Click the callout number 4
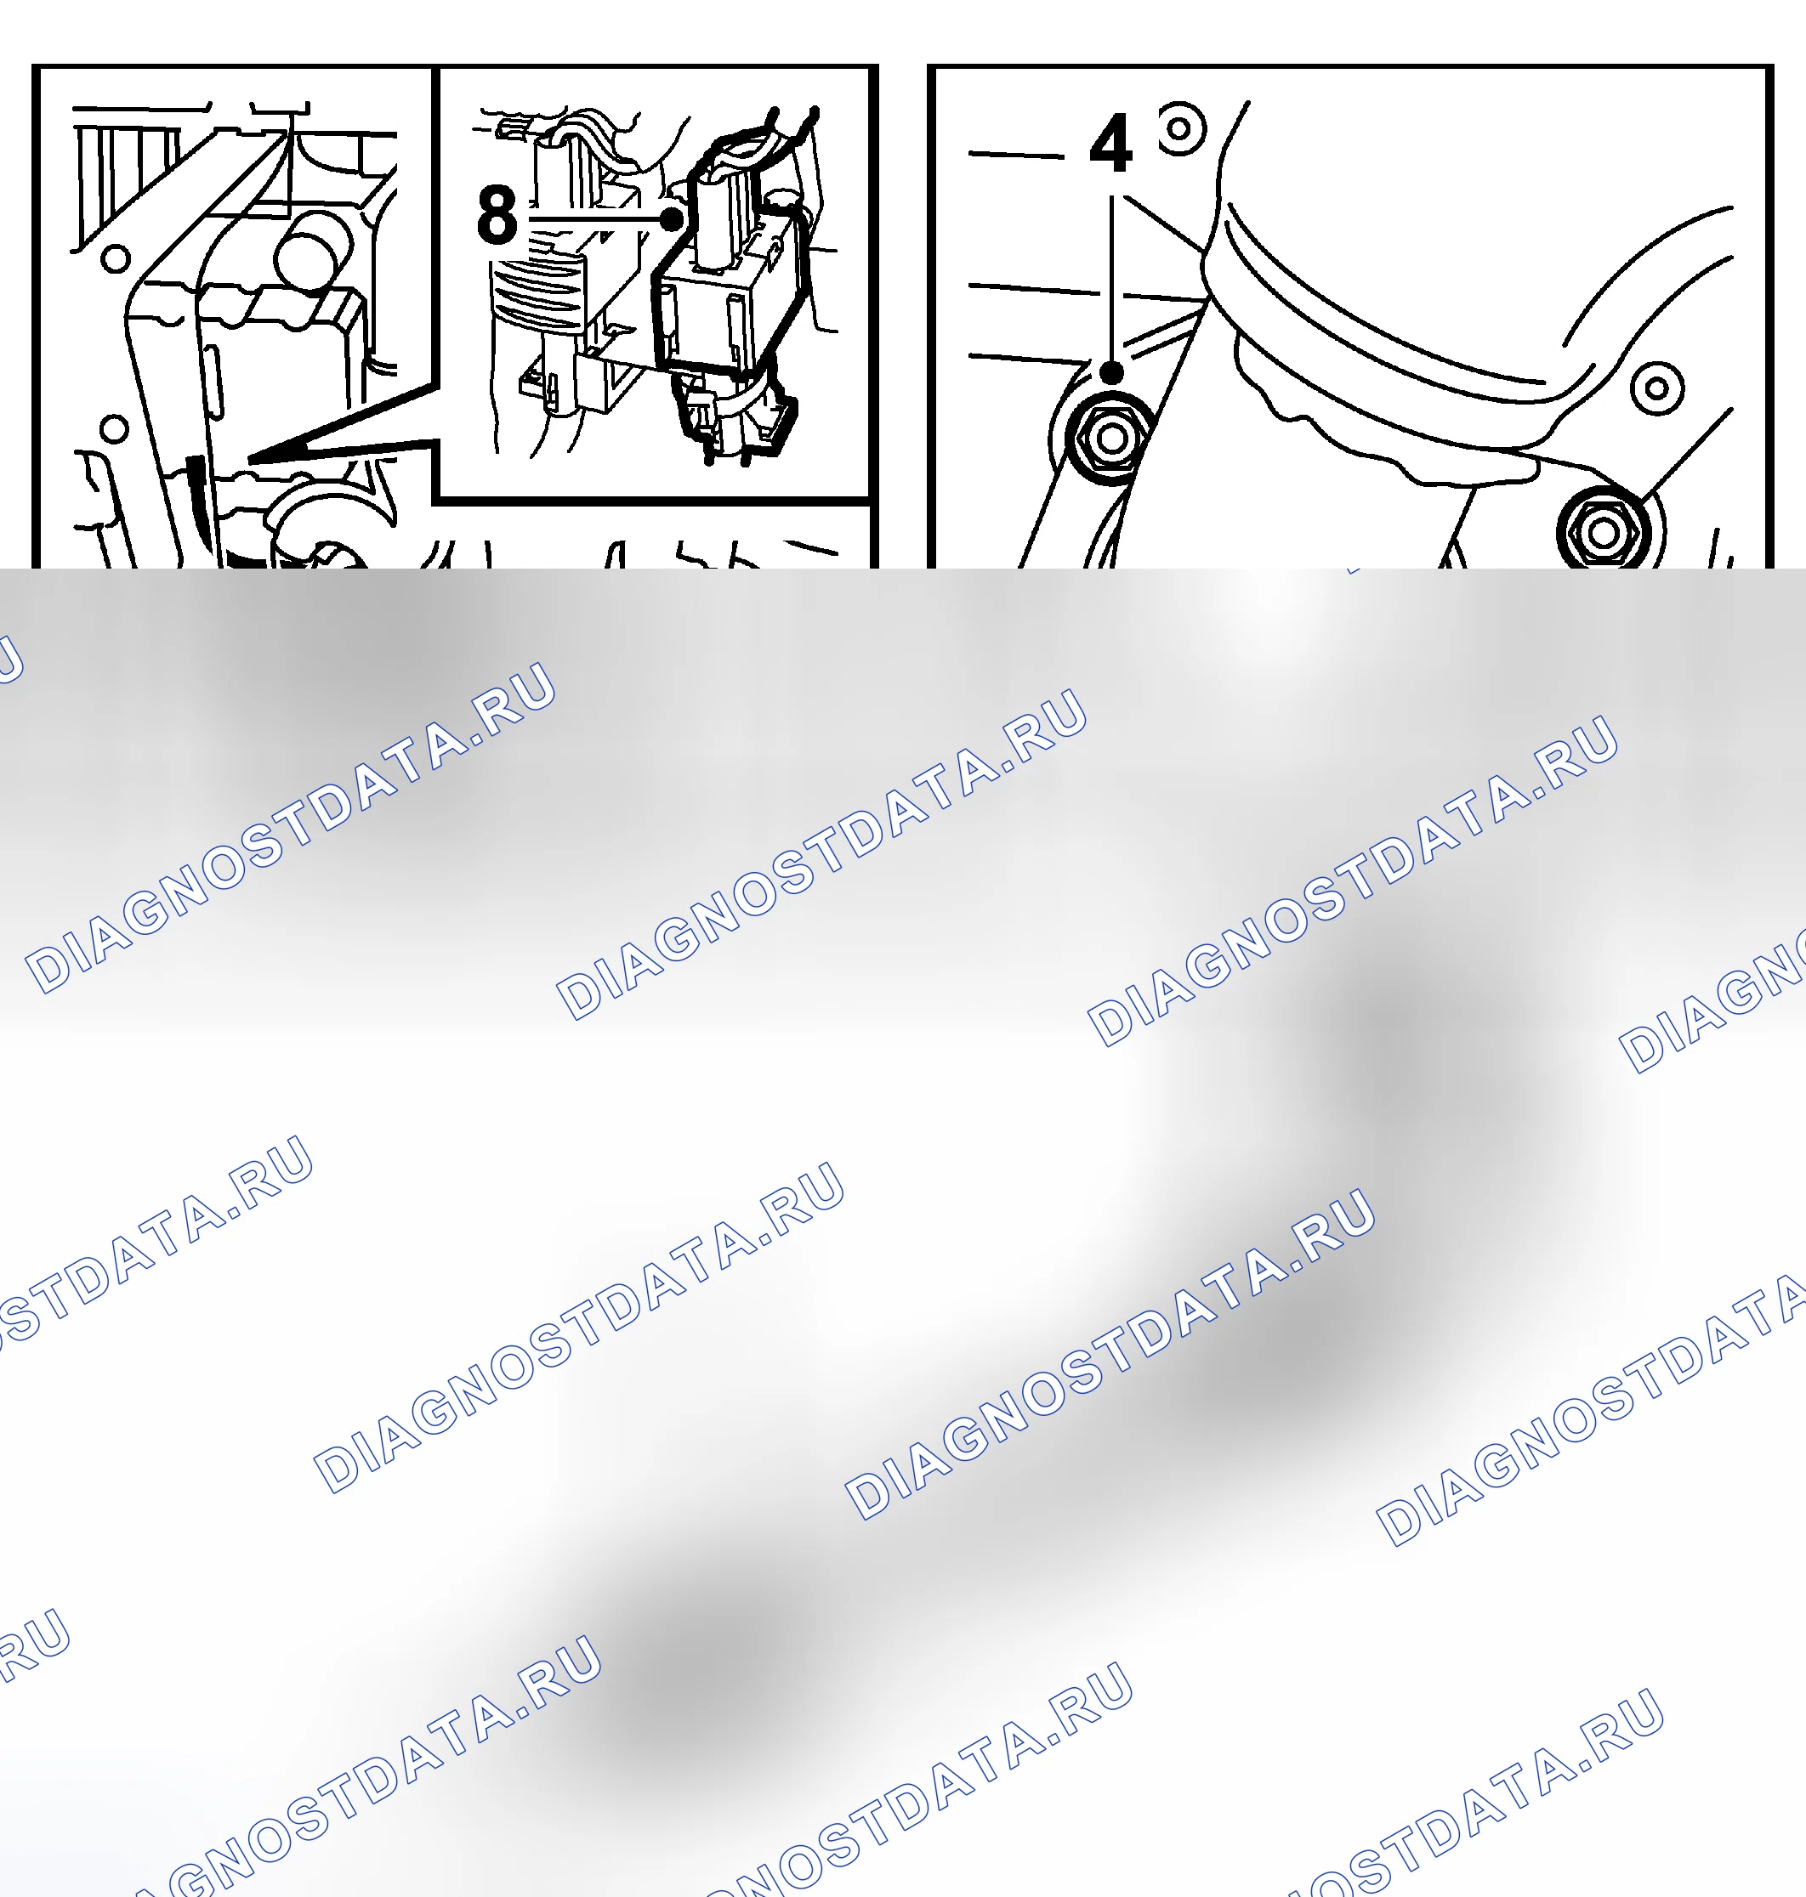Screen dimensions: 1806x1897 click(x=1111, y=144)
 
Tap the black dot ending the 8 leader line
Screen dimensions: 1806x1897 click(x=672, y=219)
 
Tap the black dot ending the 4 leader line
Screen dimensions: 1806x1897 click(x=1112, y=372)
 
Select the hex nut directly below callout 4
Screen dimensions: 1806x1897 click(x=1112, y=438)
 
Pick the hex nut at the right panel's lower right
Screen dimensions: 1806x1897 click(x=1603, y=532)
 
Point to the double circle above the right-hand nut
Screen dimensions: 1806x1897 click(x=1657, y=388)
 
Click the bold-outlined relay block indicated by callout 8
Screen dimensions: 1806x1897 click(x=728, y=298)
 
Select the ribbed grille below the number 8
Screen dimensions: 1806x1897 click(x=537, y=293)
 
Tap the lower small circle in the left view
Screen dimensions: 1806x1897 click(x=115, y=428)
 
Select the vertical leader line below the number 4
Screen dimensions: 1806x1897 click(x=1112, y=279)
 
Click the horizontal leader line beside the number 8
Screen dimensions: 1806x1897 click(x=595, y=219)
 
